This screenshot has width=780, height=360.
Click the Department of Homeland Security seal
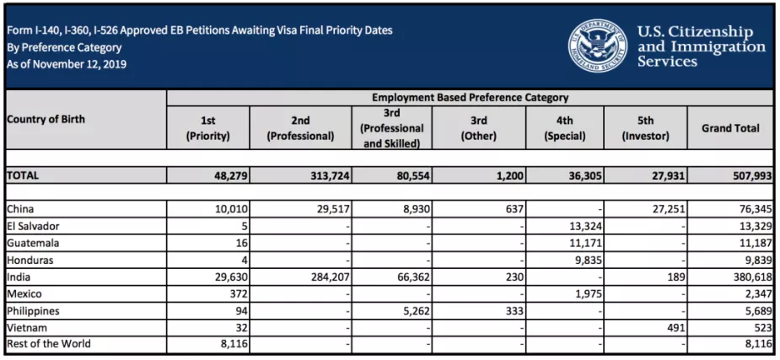coord(598,46)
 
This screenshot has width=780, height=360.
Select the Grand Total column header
coord(730,128)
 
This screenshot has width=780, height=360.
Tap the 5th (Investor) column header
coord(645,128)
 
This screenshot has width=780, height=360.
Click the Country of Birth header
coord(46,120)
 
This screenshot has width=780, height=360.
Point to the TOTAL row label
coord(23,175)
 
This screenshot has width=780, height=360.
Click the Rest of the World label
coord(49,344)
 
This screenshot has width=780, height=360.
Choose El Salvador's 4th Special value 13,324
coord(585,227)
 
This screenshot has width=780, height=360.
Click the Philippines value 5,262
coord(417,311)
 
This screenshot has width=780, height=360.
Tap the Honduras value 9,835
coord(589,261)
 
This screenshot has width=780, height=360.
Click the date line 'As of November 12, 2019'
coord(67,64)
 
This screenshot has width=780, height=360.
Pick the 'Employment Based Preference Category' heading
coord(470,98)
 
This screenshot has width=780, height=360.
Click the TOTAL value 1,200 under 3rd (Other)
coord(510,176)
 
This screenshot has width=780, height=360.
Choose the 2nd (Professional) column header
coord(300,128)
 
